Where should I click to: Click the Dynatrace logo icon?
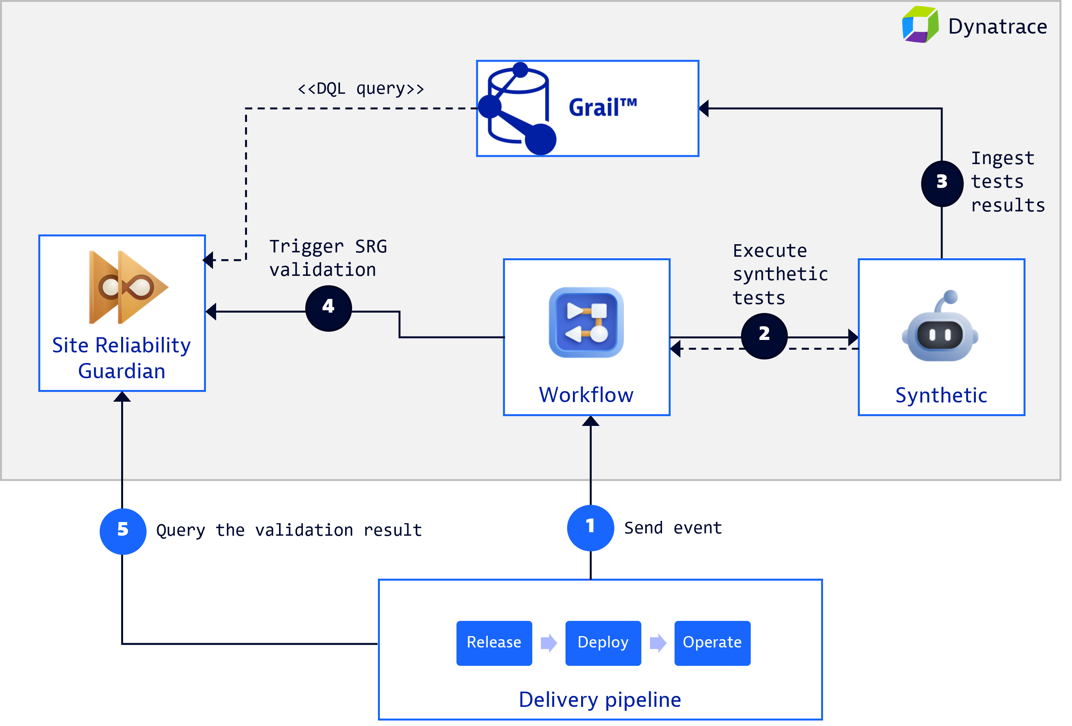tap(920, 25)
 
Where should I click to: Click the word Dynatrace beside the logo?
tap(997, 27)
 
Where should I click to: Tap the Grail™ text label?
tap(602, 108)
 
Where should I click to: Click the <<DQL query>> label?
tap(361, 88)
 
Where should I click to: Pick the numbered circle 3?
tap(941, 183)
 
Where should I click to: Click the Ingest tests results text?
tap(1007, 182)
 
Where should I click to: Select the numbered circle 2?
tap(764, 335)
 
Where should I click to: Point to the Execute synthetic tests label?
tap(780, 274)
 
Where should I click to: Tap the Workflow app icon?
tap(586, 322)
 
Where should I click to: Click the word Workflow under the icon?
tap(586, 395)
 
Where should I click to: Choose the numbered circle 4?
tap(328, 308)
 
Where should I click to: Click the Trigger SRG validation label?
tap(328, 258)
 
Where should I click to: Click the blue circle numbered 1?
tap(590, 527)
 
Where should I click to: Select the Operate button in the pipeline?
tap(712, 642)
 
